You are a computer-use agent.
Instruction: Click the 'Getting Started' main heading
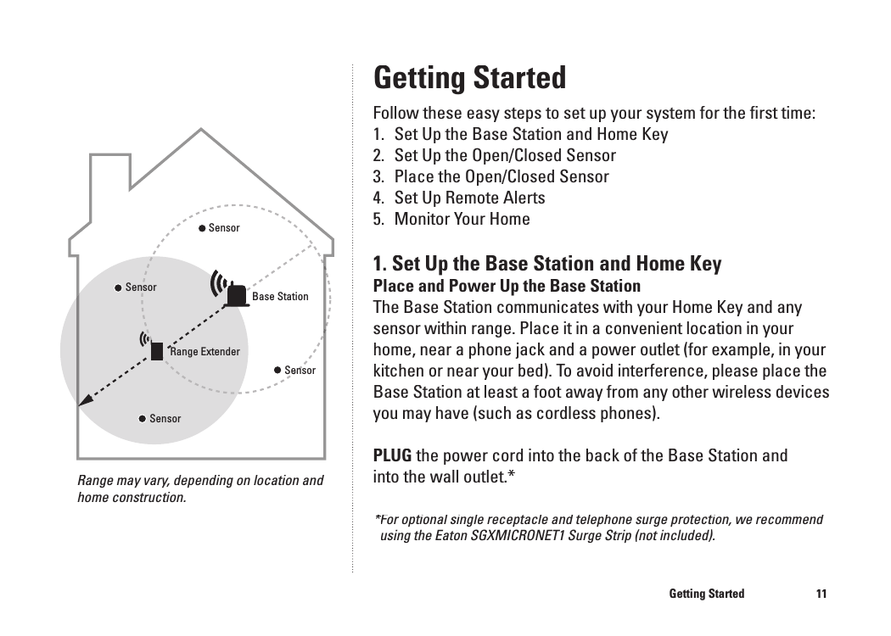pyautogui.click(x=469, y=78)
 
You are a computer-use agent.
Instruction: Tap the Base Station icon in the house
pyautogui.click(x=237, y=296)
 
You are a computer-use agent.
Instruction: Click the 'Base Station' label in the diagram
pyautogui.click(x=280, y=297)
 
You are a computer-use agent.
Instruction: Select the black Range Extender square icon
pyautogui.click(x=157, y=350)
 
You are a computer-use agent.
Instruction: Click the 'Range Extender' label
pyautogui.click(x=205, y=352)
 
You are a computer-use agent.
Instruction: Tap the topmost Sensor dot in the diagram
pyautogui.click(x=203, y=228)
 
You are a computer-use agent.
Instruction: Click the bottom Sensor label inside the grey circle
pyautogui.click(x=165, y=419)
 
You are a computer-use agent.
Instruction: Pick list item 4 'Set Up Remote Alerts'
pyautogui.click(x=469, y=198)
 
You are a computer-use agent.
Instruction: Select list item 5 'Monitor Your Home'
pyautogui.click(x=462, y=219)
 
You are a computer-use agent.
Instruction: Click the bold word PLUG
pyautogui.click(x=393, y=455)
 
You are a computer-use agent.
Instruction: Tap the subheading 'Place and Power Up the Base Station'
pyautogui.click(x=507, y=285)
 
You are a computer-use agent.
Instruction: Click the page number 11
pyautogui.click(x=821, y=594)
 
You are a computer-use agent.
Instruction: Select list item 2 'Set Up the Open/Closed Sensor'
pyautogui.click(x=505, y=155)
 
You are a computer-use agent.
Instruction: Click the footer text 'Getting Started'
pyautogui.click(x=706, y=594)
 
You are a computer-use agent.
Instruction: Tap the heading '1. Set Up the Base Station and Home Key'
pyautogui.click(x=547, y=263)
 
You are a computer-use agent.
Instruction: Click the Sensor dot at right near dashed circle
pyautogui.click(x=277, y=370)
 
